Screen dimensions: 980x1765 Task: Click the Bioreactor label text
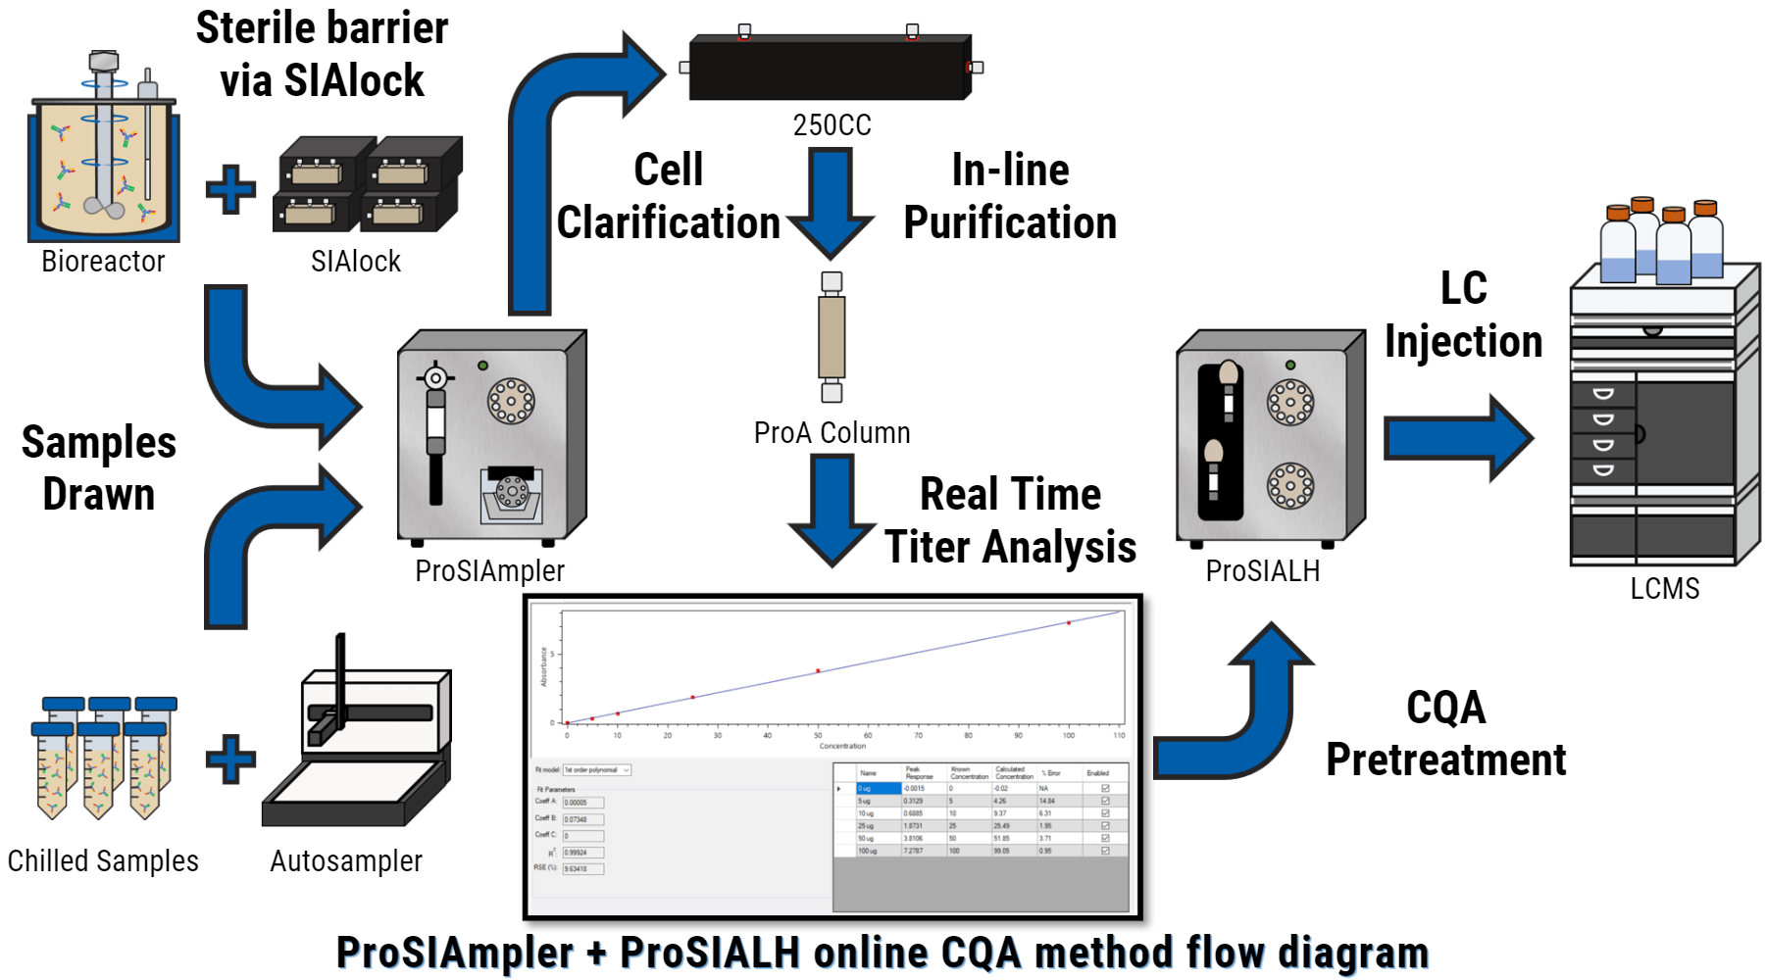[x=103, y=262]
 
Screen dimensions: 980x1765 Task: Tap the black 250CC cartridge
[x=830, y=69]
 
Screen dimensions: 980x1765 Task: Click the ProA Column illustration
[x=832, y=337]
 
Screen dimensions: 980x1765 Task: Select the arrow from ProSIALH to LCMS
[x=1456, y=437]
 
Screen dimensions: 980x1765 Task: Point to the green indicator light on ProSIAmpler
[x=482, y=366]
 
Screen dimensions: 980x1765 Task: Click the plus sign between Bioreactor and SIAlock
[x=230, y=189]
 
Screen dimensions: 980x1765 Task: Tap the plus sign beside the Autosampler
[x=230, y=759]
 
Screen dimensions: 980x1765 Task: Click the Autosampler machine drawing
[x=363, y=745]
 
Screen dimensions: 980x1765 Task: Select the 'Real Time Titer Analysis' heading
[x=1010, y=520]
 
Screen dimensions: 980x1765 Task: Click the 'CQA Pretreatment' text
[x=1445, y=733]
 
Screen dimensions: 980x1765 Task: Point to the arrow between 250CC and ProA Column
[x=831, y=201]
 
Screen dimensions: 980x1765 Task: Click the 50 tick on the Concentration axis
[x=818, y=735]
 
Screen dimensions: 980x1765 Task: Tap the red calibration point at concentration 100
[x=1069, y=622]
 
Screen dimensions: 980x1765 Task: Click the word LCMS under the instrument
[x=1664, y=588]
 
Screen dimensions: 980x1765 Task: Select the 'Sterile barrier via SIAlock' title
[x=322, y=54]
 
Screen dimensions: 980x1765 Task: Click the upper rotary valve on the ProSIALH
[x=1290, y=402]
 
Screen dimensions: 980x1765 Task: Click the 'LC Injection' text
[x=1463, y=315]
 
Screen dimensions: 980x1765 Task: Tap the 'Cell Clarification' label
[x=669, y=196]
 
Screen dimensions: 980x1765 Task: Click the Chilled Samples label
[x=103, y=860]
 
